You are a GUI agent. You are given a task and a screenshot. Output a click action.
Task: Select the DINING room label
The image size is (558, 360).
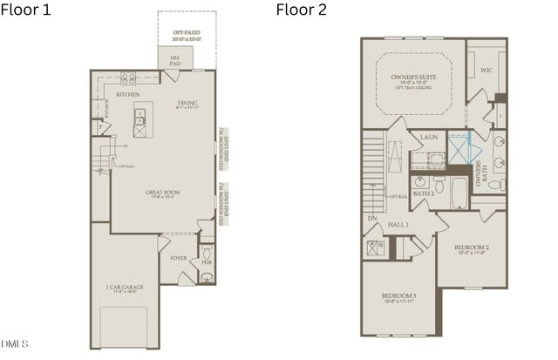click(x=188, y=102)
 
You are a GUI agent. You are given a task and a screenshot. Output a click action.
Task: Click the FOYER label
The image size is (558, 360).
click(x=179, y=258)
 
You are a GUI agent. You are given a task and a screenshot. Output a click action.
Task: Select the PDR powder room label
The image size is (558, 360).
click(x=207, y=262)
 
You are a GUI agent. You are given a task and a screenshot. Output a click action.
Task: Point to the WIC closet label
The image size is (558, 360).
click(x=487, y=69)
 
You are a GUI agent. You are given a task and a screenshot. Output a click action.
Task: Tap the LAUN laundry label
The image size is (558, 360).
click(x=428, y=137)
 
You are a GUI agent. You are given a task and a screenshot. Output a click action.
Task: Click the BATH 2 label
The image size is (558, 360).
click(x=424, y=193)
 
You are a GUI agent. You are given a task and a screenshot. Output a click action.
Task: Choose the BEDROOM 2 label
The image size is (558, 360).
click(x=472, y=248)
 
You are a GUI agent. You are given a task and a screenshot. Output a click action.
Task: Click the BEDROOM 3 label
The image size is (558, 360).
click(x=399, y=297)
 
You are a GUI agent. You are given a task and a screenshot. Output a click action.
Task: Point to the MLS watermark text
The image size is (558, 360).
click(x=15, y=342)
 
